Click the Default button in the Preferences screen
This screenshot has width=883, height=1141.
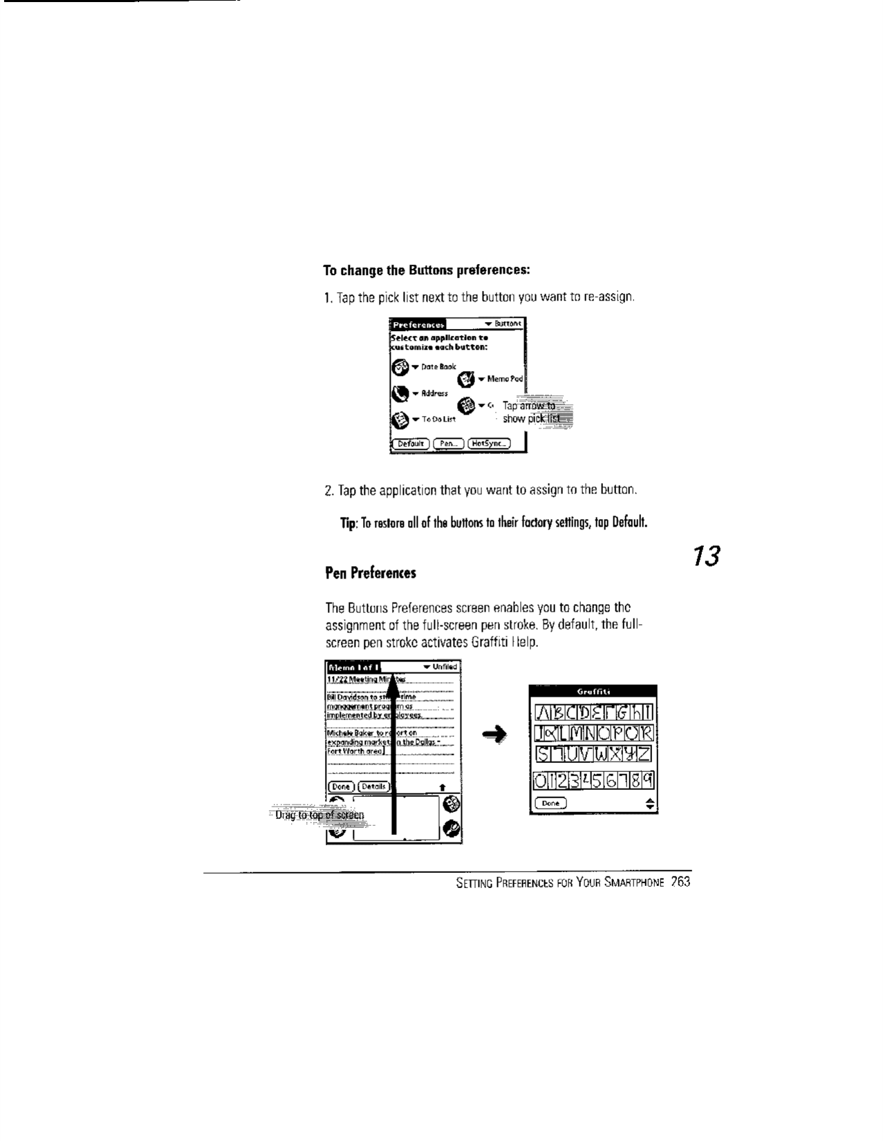pyautogui.click(x=411, y=444)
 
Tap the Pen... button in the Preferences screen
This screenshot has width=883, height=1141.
pyautogui.click(x=449, y=444)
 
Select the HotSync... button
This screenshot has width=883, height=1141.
pyautogui.click(x=489, y=444)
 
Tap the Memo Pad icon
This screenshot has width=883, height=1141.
pyautogui.click(x=467, y=379)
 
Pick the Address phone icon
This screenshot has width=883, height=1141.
pyautogui.click(x=399, y=393)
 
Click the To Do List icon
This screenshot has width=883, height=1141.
pyautogui.click(x=400, y=419)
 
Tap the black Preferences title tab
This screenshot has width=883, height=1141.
pyautogui.click(x=418, y=323)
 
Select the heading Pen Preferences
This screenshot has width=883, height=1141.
pyautogui.click(x=371, y=573)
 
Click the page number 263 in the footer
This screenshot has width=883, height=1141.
pyautogui.click(x=680, y=883)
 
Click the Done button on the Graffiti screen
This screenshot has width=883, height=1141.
pyautogui.click(x=550, y=803)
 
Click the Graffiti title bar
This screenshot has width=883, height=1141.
pyautogui.click(x=593, y=691)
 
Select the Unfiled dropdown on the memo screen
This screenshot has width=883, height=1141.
pyautogui.click(x=440, y=667)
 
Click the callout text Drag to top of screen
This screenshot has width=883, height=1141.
pyautogui.click(x=319, y=815)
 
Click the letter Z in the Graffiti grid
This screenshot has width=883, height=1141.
pyautogui.click(x=646, y=753)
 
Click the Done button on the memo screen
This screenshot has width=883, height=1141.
pyautogui.click(x=341, y=786)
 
